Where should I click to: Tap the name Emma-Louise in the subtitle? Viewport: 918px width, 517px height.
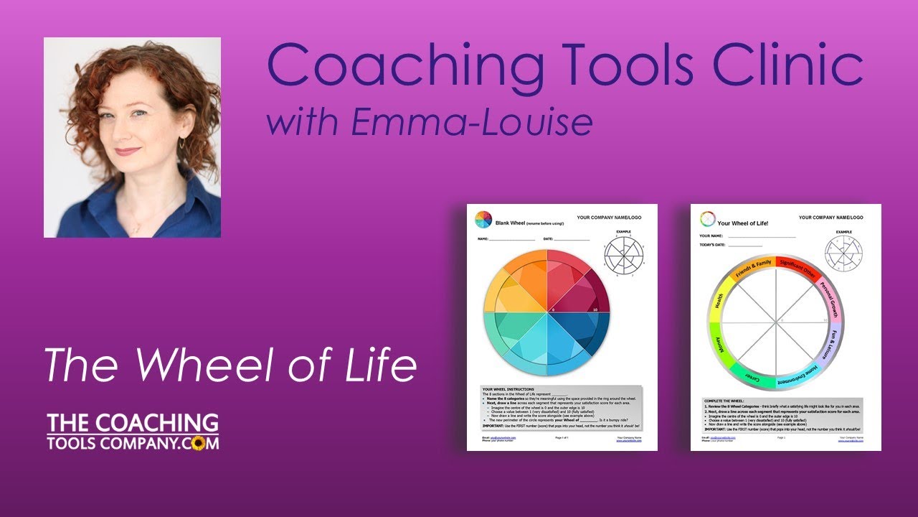472,122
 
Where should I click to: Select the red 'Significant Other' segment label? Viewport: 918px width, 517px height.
797,268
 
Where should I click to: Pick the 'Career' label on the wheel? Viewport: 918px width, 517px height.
751,374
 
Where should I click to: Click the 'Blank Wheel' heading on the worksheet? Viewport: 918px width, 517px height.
509,223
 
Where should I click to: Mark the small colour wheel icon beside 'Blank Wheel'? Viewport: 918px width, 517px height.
482,219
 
